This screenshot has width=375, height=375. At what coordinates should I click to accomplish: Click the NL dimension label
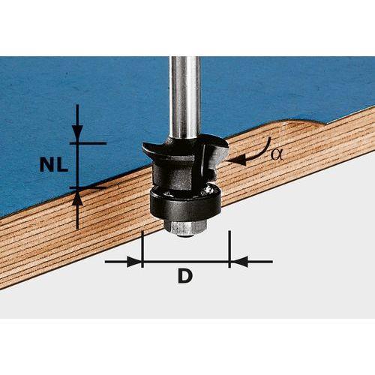54,165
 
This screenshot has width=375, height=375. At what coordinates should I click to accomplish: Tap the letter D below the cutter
185,275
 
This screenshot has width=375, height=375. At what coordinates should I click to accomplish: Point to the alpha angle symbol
277,155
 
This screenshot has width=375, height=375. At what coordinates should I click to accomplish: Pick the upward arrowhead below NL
77,198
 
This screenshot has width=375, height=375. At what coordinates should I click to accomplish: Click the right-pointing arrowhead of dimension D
134,262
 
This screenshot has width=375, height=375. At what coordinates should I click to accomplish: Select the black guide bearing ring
185,204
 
